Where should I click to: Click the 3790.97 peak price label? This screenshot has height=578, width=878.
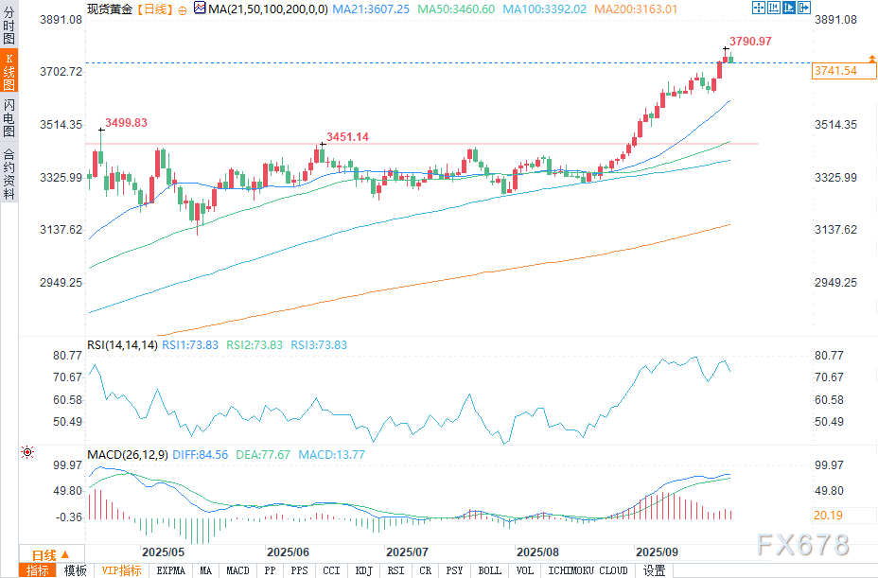(x=752, y=41)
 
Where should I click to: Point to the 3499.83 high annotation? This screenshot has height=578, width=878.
(x=126, y=123)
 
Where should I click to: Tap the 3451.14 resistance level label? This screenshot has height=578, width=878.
(x=347, y=137)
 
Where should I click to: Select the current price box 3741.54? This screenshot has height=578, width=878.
(x=834, y=71)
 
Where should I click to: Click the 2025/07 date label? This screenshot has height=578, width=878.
(x=408, y=552)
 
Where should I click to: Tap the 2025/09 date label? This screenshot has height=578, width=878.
(x=657, y=552)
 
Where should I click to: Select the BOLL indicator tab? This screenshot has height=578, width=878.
(x=489, y=570)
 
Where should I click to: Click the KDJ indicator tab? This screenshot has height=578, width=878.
(x=363, y=570)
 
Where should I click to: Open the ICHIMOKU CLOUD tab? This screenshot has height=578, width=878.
(x=588, y=570)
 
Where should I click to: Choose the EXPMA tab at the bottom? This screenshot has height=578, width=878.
(x=171, y=570)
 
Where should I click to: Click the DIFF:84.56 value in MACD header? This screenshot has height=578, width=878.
(x=199, y=455)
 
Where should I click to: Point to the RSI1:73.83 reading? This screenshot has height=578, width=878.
(x=190, y=345)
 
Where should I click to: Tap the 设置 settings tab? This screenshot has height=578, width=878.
(x=654, y=570)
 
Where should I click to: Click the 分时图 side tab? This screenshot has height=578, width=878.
(x=9, y=26)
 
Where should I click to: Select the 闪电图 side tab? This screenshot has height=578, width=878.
(x=9, y=118)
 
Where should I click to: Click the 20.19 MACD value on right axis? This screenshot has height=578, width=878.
(x=828, y=515)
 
